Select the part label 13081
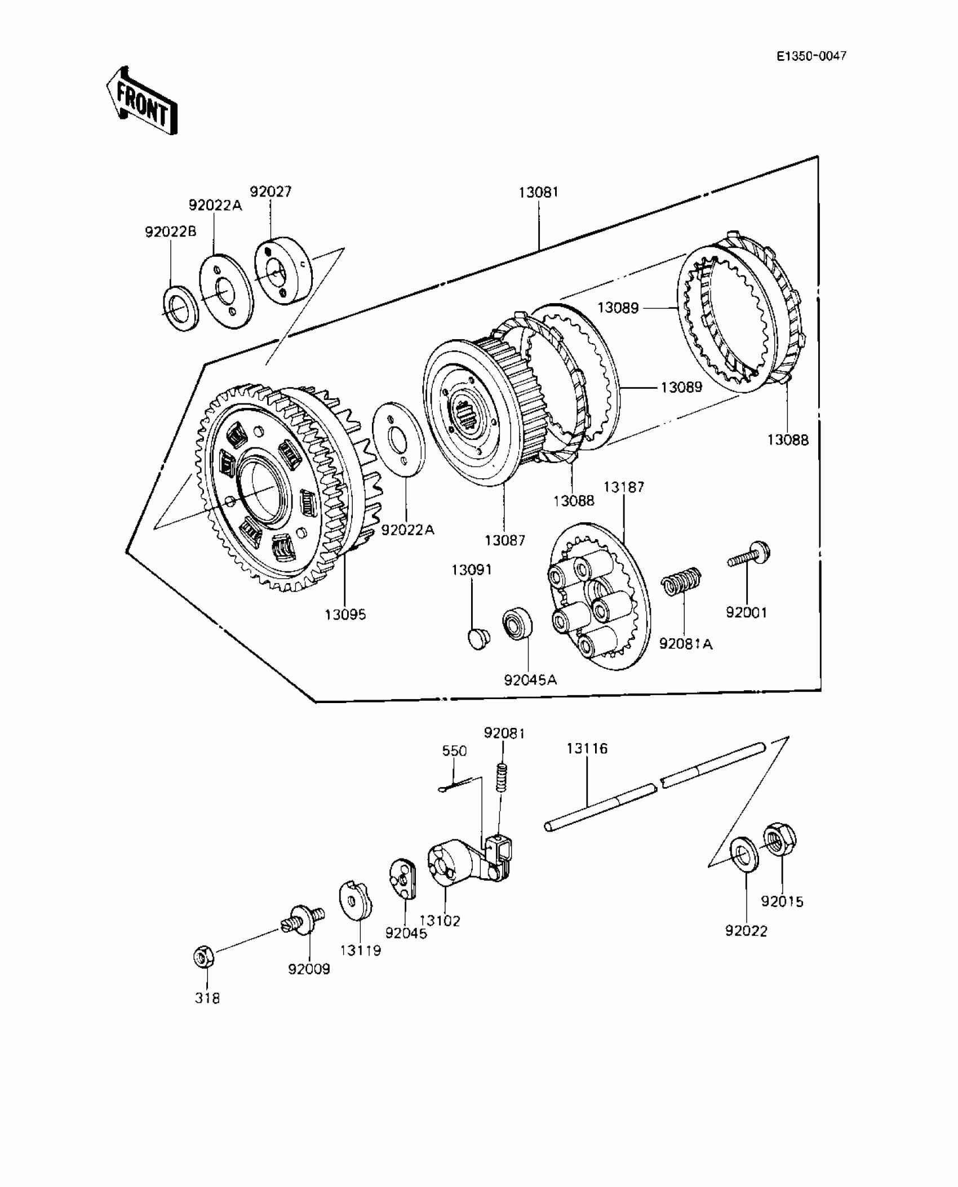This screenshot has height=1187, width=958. tap(538, 192)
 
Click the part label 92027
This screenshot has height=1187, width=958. tap(270, 192)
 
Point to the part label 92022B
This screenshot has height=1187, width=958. tap(171, 232)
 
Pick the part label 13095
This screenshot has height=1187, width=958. tap(345, 614)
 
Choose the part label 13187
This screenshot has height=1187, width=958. tap(623, 487)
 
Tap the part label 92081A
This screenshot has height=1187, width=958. tap(686, 643)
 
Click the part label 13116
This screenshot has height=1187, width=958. tap(587, 748)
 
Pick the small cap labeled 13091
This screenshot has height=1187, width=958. tap(478, 639)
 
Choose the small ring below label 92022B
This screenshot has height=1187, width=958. tap(180, 308)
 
